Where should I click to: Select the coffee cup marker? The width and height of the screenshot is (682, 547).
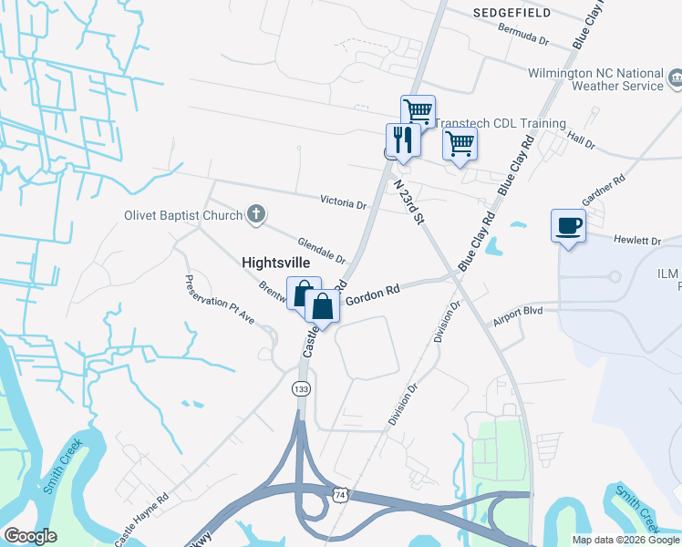pos(568,225)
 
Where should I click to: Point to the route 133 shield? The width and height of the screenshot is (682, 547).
pos(301,389)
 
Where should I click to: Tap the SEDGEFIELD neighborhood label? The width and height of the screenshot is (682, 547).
pos(511,13)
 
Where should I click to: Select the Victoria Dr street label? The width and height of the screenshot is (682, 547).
pos(342,201)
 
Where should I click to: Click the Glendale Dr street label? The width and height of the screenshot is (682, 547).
pos(322,250)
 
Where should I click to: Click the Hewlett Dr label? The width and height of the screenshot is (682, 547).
pos(637,241)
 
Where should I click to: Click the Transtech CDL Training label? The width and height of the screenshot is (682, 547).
pos(500,123)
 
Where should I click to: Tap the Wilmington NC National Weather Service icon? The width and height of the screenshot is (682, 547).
pos(675,79)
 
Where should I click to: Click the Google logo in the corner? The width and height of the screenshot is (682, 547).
pos(30,535)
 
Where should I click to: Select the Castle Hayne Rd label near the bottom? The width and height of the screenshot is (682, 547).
pos(142,520)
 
